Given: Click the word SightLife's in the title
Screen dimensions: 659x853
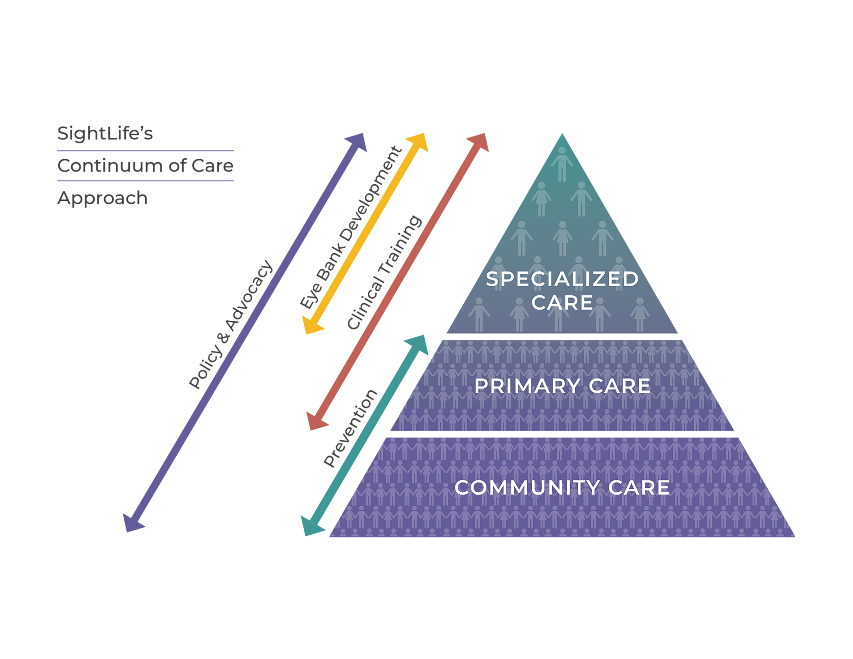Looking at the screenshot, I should pos(105,134).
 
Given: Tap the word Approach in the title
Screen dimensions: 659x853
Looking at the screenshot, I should pos(102,198).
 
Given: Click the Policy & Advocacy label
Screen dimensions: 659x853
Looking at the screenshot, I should pos(231,324).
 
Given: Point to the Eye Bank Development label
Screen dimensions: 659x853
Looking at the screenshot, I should pos(351,228).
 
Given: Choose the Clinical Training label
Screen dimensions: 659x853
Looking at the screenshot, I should pos(384,272).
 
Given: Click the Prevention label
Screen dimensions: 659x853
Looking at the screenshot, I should pos(350,428).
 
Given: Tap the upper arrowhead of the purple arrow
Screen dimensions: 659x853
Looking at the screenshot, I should pos(358,142).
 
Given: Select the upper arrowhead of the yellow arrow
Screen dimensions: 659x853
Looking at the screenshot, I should pos(418,142).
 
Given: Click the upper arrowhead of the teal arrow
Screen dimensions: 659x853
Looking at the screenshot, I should pos(419,343).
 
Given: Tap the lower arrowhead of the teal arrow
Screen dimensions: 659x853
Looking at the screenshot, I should pos(311,527).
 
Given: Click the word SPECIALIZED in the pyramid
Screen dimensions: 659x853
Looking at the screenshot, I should pos(563,279).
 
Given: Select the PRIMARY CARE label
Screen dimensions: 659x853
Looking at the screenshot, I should pos(563,386).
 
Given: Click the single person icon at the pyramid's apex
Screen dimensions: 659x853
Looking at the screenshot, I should pos(562,163).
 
